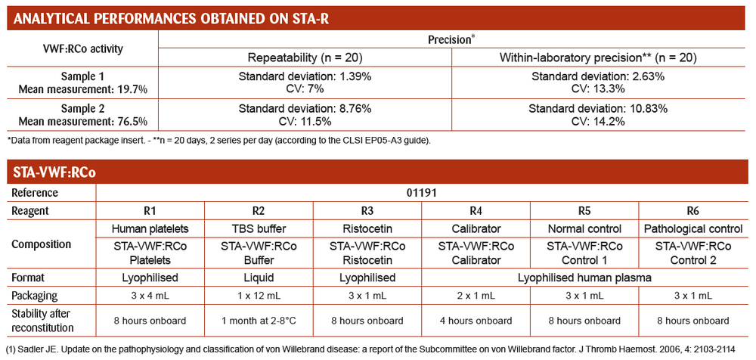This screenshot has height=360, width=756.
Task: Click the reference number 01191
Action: click(421, 193)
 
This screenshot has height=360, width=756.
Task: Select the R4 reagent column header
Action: click(476, 211)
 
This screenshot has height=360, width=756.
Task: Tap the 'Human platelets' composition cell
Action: click(150, 228)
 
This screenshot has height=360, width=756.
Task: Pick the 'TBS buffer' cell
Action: click(259, 228)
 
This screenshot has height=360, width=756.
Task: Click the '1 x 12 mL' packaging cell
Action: click(259, 295)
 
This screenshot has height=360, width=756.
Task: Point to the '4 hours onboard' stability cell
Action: click(476, 321)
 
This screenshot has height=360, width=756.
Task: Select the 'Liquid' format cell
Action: click(259, 278)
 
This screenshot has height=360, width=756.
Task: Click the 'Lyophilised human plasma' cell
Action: click(584, 278)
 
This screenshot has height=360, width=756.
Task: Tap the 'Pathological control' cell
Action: click(692, 228)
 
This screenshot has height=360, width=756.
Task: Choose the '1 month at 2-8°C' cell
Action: click(259, 321)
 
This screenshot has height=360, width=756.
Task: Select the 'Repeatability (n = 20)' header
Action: click(305, 58)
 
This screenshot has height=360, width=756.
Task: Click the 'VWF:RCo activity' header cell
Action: click(82, 48)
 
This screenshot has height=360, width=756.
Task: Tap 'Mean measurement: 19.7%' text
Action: click(82, 88)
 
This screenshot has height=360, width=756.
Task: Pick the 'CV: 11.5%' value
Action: click(305, 122)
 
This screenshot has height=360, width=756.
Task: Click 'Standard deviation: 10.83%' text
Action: click(598, 109)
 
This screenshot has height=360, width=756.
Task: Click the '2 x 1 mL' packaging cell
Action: click(476, 295)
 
